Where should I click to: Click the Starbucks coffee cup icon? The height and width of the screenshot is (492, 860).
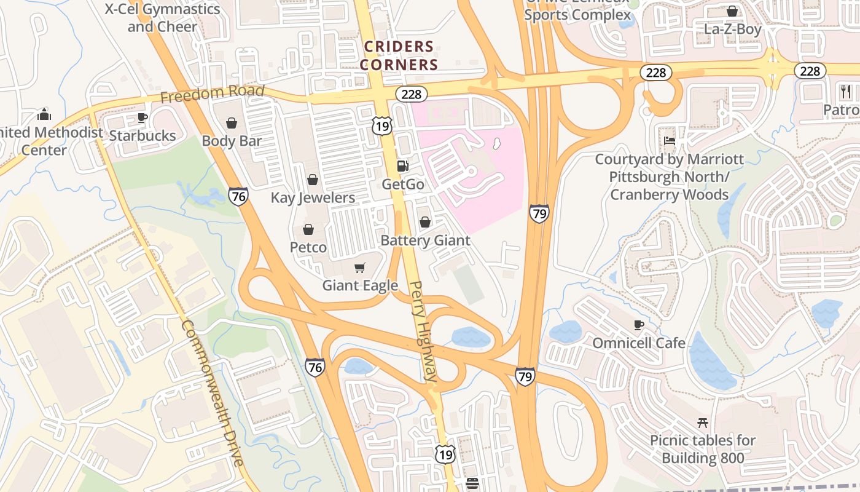click(x=143, y=117)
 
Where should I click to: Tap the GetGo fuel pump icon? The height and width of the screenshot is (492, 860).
click(x=403, y=165)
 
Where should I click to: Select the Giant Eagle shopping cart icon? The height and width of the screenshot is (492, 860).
click(x=360, y=268)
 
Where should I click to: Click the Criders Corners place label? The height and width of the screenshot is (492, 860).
click(x=399, y=55)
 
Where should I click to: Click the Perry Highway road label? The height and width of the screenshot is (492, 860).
click(x=424, y=332)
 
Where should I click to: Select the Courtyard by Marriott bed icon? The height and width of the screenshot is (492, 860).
click(x=670, y=141)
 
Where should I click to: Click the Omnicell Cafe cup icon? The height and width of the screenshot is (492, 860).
click(x=639, y=324)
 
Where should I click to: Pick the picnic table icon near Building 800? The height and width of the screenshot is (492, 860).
click(x=703, y=423)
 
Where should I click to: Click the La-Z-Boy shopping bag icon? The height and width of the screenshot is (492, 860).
click(x=732, y=11)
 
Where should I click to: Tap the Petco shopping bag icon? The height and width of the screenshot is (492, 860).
click(x=308, y=229)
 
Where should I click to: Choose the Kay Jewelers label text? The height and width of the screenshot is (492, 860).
click(x=313, y=198)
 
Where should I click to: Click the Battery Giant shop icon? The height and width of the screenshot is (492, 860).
click(x=424, y=222)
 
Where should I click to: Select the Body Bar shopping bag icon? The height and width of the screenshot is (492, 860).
click(x=232, y=123)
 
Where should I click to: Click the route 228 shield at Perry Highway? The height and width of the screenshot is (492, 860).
click(x=411, y=94)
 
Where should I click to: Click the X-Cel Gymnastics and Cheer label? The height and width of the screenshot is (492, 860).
click(x=162, y=18)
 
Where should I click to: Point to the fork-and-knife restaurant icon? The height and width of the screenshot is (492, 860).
click(x=846, y=92)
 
